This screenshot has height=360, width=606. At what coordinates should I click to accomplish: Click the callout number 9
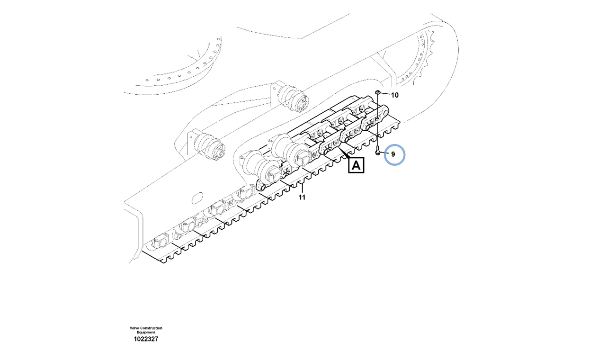pyautogui.click(x=393, y=154)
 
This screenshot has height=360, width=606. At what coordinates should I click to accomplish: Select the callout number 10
pyautogui.click(x=395, y=95)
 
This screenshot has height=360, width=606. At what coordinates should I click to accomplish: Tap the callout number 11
pyautogui.click(x=302, y=198)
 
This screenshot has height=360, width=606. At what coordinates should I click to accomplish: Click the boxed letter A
pyautogui.click(x=356, y=165)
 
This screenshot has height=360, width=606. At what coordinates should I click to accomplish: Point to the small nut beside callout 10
pyautogui.click(x=378, y=93)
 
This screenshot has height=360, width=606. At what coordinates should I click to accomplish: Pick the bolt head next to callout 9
pyautogui.click(x=378, y=153)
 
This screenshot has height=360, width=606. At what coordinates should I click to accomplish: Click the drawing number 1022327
pyautogui.click(x=146, y=339)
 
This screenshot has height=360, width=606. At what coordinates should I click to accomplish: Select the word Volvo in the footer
pyautogui.click(x=134, y=328)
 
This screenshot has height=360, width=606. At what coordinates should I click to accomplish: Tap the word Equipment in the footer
pyautogui.click(x=146, y=332)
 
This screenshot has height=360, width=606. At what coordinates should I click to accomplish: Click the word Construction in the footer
pyautogui.click(x=151, y=328)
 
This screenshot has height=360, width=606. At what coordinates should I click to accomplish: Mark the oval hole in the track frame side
pyautogui.click(x=197, y=198)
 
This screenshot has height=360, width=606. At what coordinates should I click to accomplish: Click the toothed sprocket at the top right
pyautogui.click(x=417, y=60)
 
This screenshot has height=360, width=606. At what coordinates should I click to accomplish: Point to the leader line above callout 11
pyautogui.click(x=303, y=188)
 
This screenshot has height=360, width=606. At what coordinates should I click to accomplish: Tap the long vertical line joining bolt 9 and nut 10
pyautogui.click(x=378, y=122)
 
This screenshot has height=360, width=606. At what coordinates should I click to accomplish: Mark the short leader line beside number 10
pyautogui.click(x=385, y=94)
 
